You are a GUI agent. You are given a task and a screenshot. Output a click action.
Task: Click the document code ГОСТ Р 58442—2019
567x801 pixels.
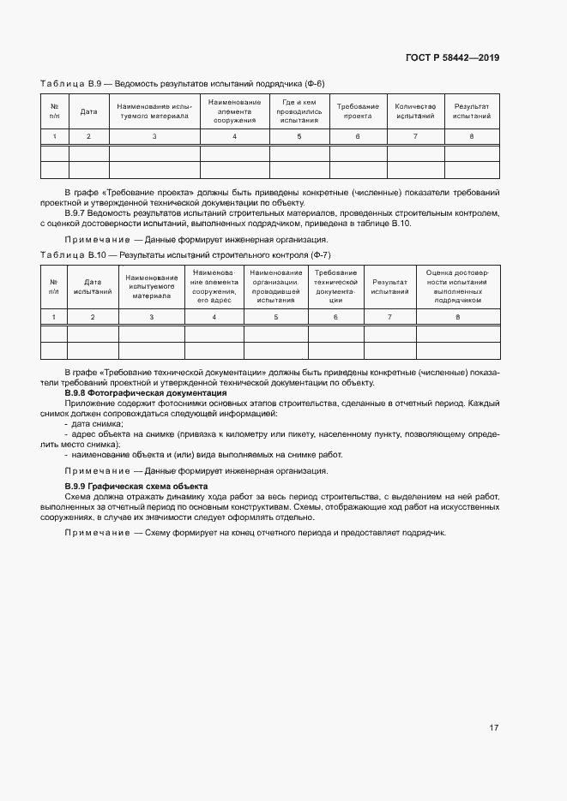452,58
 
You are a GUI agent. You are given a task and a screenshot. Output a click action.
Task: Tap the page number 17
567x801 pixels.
493,728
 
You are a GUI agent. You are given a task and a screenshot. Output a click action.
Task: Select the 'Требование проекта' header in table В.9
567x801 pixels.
358,111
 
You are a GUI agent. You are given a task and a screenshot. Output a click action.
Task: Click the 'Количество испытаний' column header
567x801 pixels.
415,111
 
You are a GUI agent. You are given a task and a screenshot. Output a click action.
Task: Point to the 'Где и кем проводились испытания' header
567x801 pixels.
299,111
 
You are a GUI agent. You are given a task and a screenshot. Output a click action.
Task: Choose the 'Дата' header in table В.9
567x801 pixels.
88,111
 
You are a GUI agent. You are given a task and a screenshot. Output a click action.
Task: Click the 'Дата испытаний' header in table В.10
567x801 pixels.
93,287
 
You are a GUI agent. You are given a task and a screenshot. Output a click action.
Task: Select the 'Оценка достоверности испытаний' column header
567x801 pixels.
457,287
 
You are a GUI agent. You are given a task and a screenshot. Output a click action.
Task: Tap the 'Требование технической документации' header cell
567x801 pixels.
335,287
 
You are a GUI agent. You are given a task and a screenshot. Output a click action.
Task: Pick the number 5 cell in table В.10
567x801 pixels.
275,317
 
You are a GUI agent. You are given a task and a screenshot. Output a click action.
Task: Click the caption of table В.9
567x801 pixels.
183,83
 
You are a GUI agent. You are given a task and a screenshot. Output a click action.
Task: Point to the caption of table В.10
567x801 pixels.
185,255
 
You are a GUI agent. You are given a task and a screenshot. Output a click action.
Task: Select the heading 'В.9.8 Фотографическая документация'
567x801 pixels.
146,392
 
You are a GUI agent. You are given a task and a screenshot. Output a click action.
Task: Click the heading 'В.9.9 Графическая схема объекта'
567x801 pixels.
136,487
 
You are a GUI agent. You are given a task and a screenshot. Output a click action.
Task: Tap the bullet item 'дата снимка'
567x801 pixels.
96,423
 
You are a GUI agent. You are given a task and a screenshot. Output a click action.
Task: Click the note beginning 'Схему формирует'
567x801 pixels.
256,533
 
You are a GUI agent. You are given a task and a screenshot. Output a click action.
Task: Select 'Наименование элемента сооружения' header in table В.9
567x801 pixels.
234,111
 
